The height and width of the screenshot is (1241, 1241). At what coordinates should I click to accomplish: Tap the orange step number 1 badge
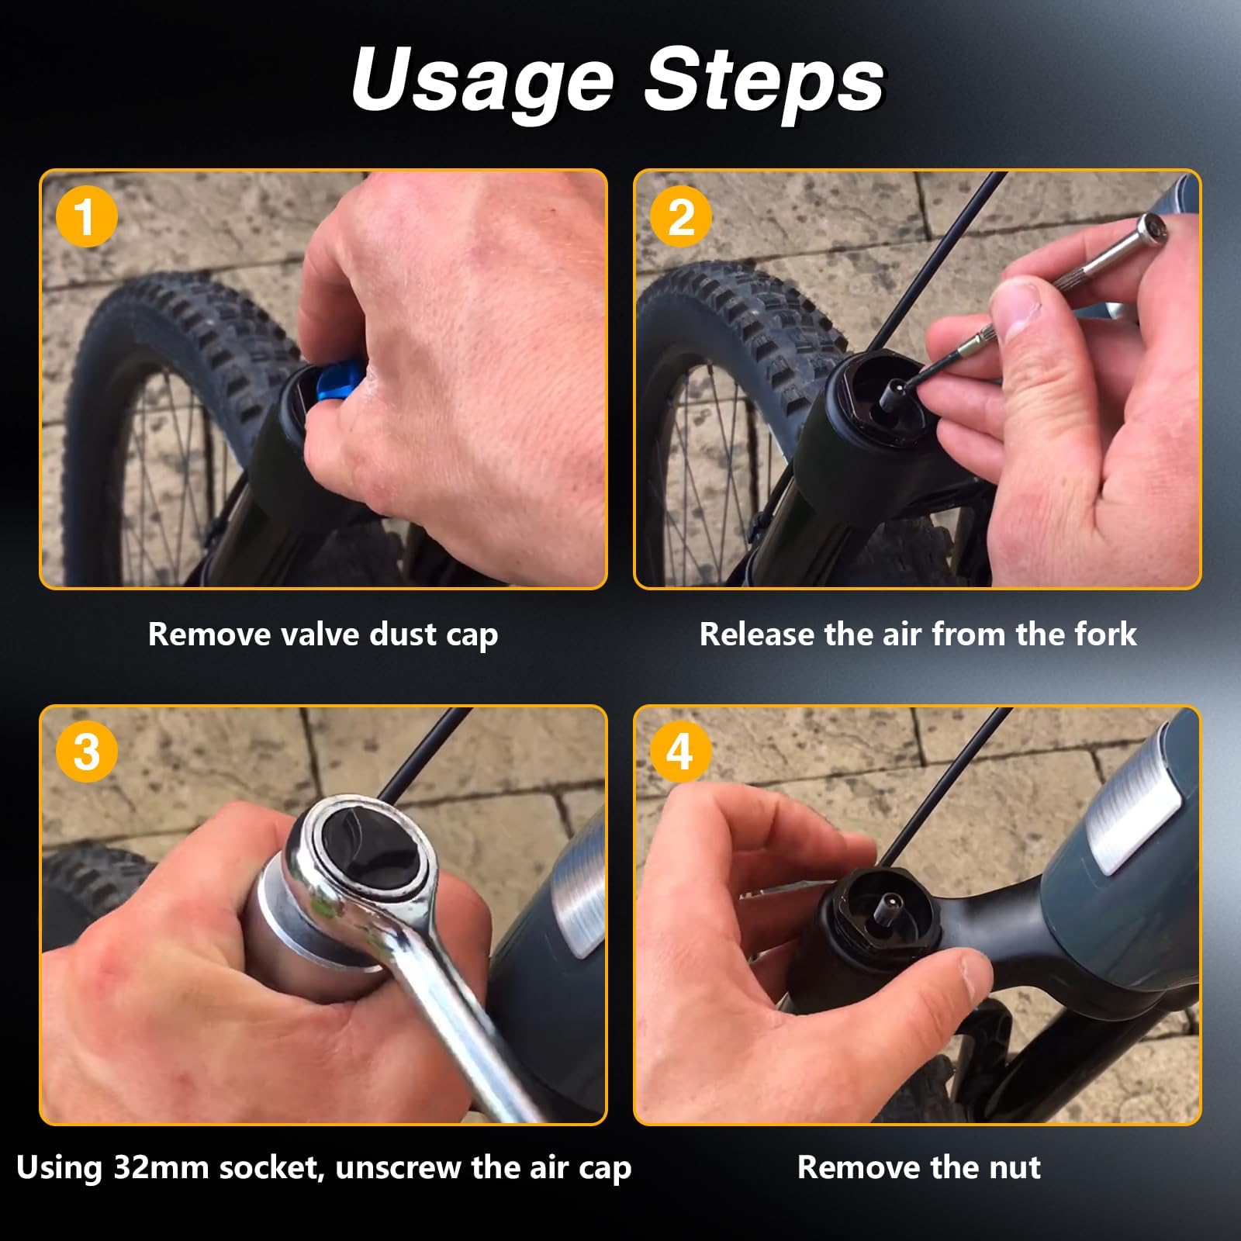(87, 217)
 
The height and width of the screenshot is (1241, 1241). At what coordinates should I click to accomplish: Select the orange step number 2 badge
(681, 217)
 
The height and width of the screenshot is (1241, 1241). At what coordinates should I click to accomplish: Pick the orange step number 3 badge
(87, 752)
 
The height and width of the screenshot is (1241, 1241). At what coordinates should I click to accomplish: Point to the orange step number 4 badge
(681, 752)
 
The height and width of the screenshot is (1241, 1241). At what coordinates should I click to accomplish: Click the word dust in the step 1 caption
(403, 634)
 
